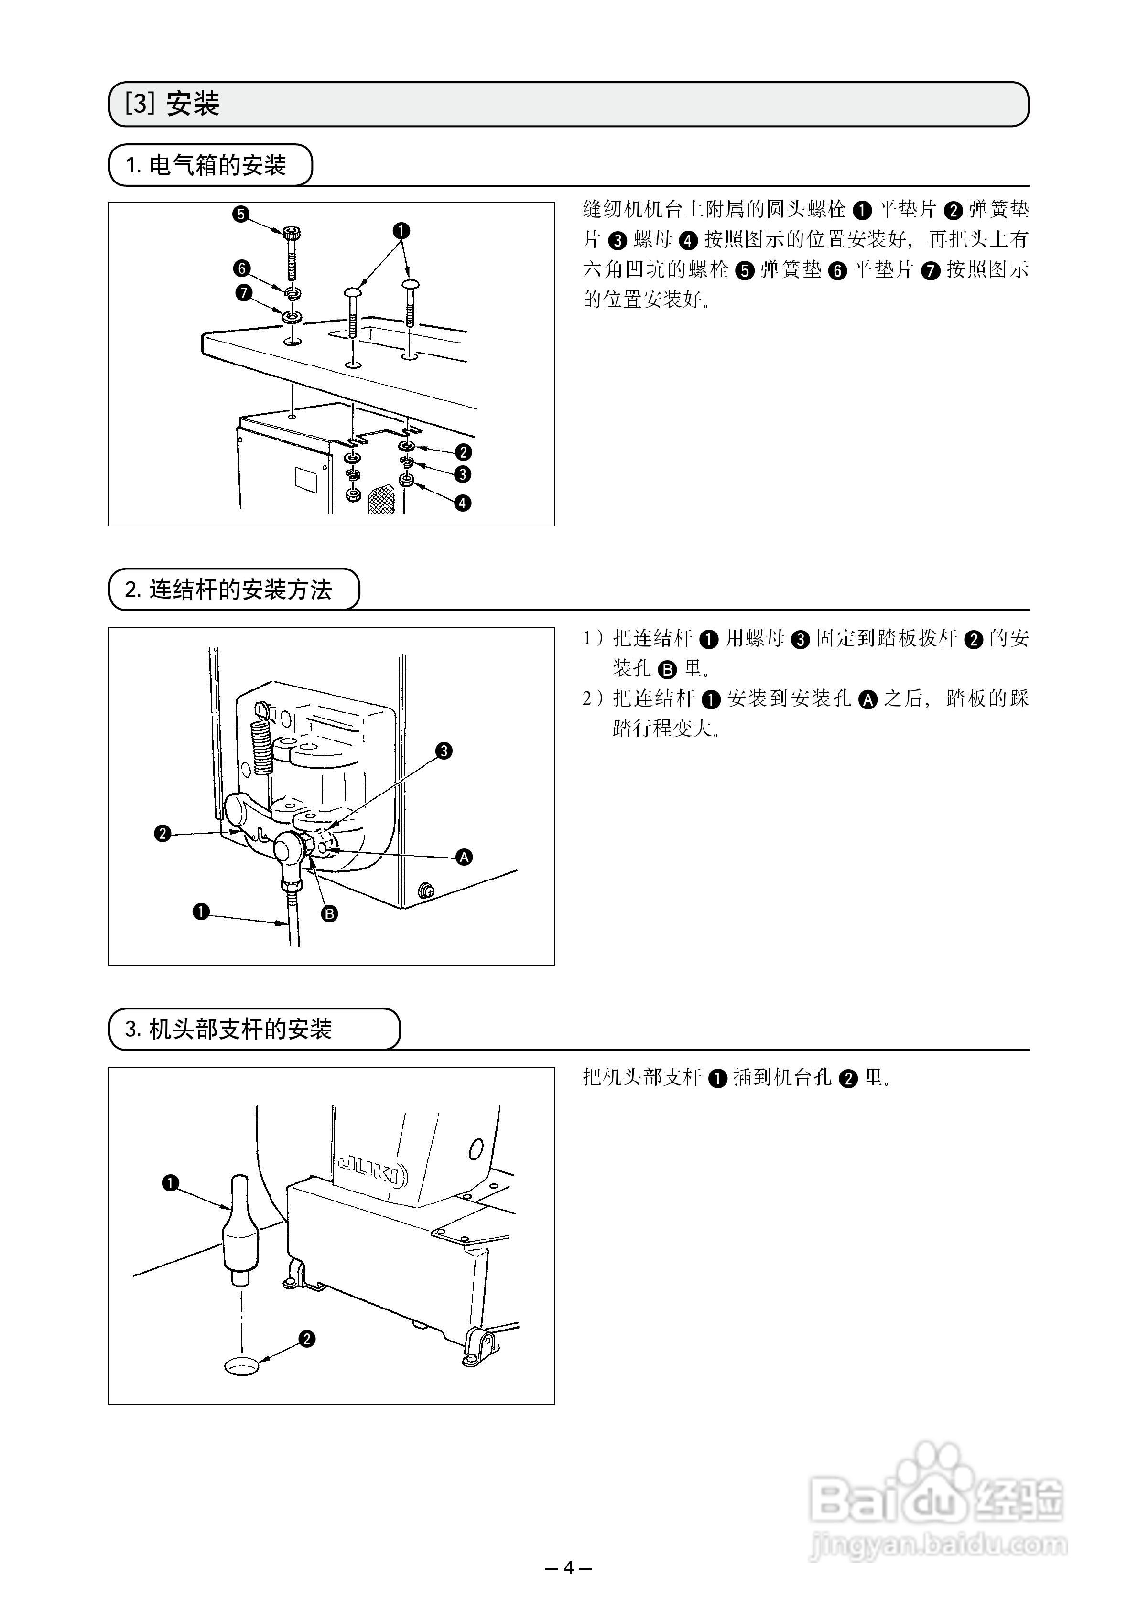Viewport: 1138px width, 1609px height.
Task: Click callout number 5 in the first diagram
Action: [241, 214]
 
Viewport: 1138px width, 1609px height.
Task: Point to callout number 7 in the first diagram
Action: [243, 293]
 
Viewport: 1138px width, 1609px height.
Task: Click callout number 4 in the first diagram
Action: [463, 503]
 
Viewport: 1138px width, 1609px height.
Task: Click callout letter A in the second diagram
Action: [464, 857]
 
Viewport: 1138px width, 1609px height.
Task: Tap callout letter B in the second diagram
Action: [329, 913]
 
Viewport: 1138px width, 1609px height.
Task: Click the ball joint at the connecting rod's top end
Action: [288, 849]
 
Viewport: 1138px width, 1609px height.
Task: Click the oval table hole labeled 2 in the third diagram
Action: [241, 1365]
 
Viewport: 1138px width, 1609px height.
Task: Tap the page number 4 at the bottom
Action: [569, 1567]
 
